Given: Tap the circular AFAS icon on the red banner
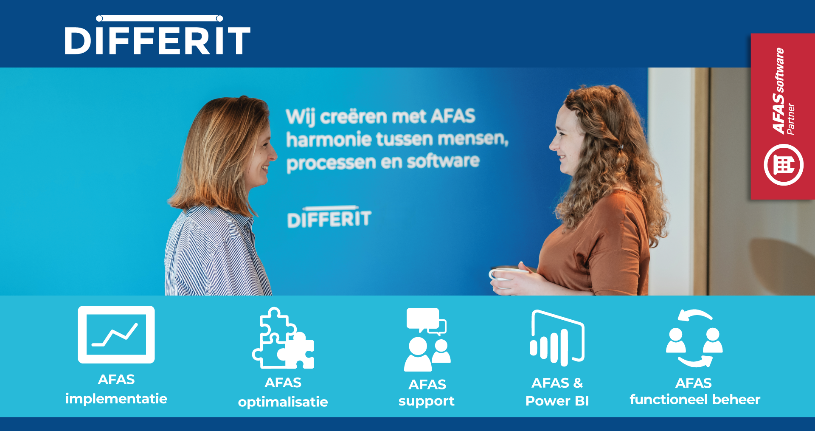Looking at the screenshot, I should click(783, 165).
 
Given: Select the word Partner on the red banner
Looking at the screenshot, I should click(790, 119).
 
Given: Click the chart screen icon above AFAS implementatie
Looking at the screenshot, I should click(116, 335).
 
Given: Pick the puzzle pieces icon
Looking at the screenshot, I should click(283, 338).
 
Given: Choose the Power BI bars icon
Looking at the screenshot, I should click(557, 338).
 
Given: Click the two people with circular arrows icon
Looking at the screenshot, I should click(694, 338).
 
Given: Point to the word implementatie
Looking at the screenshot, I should click(116, 399).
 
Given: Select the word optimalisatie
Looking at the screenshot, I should click(283, 402).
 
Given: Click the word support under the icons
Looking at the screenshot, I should click(427, 401).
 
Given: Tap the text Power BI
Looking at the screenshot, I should click(557, 401).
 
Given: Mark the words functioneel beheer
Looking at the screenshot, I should click(695, 400).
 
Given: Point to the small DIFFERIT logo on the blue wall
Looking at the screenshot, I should click(329, 218).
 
